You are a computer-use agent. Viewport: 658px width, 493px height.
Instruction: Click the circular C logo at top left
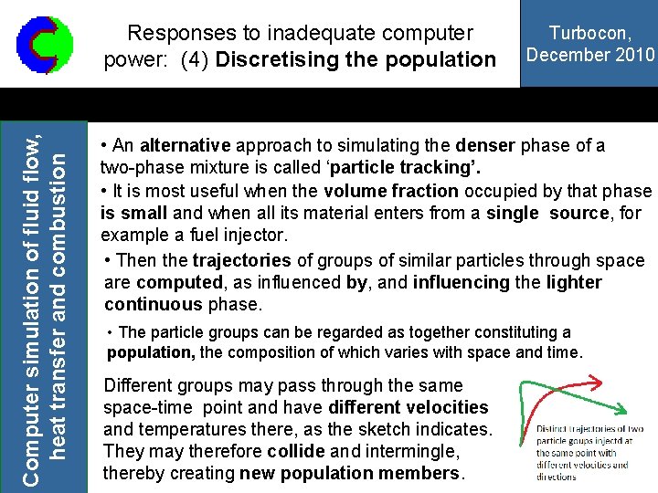coord(39,44)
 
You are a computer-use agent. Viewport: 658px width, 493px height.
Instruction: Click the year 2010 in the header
coord(636,55)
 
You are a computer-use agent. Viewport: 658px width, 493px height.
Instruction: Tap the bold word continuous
coord(154,304)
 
